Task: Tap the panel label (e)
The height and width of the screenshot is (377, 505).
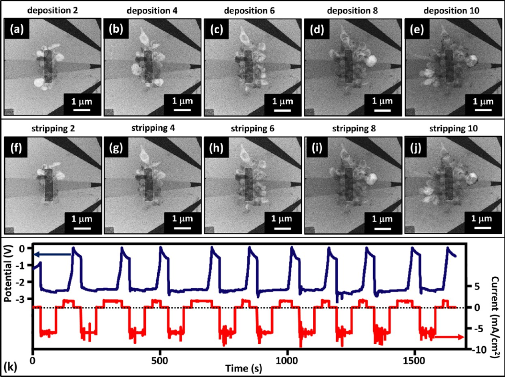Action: tap(416, 30)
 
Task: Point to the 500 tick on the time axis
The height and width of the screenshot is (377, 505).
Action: tap(160, 362)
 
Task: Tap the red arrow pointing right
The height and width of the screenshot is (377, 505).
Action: tap(449, 337)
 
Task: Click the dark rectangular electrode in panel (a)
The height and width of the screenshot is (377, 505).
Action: tap(49, 66)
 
